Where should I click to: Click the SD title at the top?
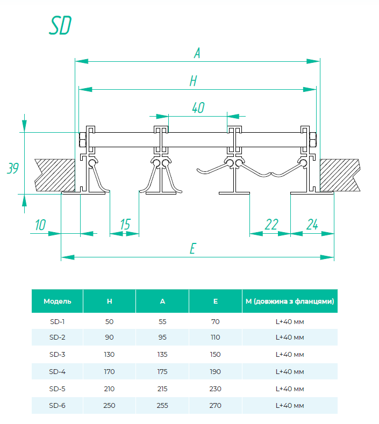coord(60,25)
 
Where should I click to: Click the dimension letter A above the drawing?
coord(197,53)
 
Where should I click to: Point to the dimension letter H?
coord(193,81)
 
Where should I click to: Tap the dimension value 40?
coord(198,107)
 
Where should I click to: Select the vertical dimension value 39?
coord(13,168)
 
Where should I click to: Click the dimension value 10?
coord(40,225)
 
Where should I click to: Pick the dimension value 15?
coord(125,225)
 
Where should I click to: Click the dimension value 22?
coord(271,225)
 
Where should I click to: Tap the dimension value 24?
coord(312,225)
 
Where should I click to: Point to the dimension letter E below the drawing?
coord(192,248)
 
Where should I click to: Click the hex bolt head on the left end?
coord(82,140)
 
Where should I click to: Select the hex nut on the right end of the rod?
coord(313,140)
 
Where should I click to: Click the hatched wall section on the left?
coord(55,175)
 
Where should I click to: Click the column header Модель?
coord(58,301)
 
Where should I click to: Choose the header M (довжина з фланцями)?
coord(290,301)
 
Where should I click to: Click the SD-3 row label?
coord(58,354)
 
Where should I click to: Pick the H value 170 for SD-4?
coord(109,371)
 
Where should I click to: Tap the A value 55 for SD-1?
coord(162,321)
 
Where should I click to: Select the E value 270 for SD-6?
coord(216,405)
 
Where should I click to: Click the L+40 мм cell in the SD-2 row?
coord(290,337)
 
